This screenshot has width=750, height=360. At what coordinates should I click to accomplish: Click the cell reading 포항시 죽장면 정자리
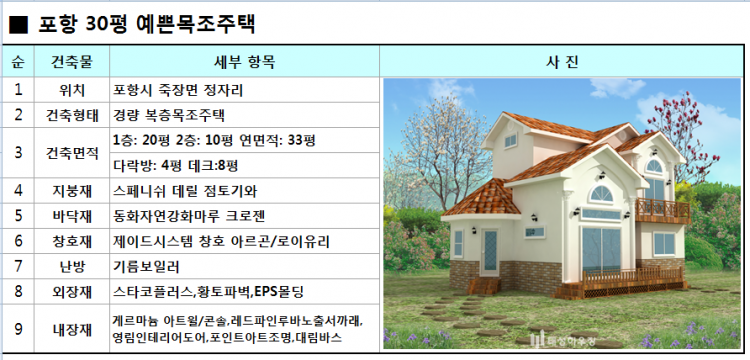point(179,89)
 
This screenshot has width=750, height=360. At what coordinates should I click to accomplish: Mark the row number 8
point(18,292)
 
